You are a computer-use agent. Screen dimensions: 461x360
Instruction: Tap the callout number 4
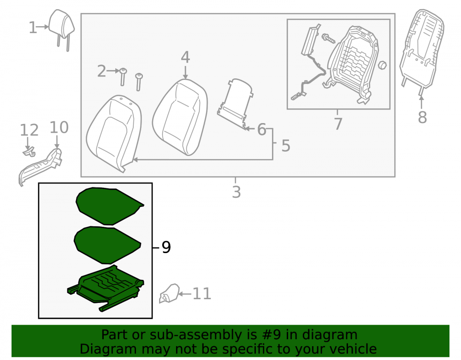(x=185, y=57)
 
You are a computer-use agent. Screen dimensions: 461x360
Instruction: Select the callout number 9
(x=166, y=247)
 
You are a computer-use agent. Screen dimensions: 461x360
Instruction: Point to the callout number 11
(x=202, y=294)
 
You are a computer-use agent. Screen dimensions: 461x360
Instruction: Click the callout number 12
(x=29, y=130)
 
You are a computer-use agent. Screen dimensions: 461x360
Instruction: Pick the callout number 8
(x=422, y=117)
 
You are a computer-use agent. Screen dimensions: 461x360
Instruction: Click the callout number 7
(x=338, y=124)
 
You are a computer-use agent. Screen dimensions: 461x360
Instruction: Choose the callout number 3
(x=236, y=192)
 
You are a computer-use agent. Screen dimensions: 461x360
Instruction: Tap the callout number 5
(x=286, y=146)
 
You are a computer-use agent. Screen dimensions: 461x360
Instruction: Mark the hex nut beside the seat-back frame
(x=382, y=65)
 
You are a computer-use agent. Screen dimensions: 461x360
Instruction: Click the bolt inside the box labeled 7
(x=328, y=38)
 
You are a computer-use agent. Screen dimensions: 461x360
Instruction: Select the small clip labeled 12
(x=30, y=152)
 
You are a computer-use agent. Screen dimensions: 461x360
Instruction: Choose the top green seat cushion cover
(x=109, y=206)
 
